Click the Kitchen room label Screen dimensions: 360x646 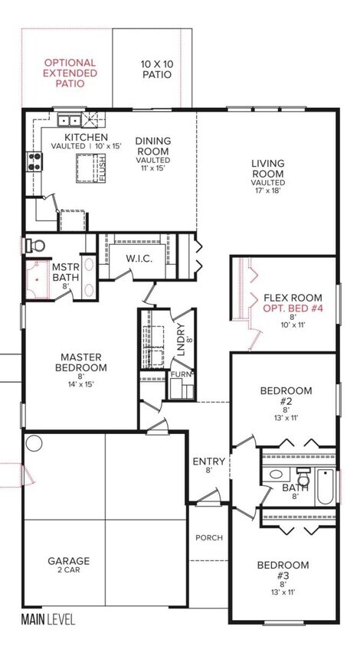[x=87, y=137]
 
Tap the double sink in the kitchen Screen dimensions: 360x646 [x=69, y=120]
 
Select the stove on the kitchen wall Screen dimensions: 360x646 [x=34, y=161]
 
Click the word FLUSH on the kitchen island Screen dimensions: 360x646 [x=103, y=168]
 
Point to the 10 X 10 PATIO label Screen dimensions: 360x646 [x=157, y=69]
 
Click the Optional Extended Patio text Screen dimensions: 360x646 [x=70, y=73]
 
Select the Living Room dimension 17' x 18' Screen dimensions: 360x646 [x=268, y=191]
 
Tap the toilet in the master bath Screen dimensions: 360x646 [x=35, y=246]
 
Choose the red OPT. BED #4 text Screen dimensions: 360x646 [x=293, y=308]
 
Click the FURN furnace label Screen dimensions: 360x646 [x=182, y=374]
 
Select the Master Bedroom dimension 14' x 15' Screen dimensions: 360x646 [x=81, y=384]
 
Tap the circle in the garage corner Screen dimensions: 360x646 [x=34, y=443]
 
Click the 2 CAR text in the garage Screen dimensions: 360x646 [x=68, y=570]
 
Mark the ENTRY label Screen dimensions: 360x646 [x=209, y=462]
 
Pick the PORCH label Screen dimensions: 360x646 [x=209, y=537]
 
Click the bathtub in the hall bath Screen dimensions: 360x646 [x=326, y=488]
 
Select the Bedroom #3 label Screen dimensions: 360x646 [x=283, y=569]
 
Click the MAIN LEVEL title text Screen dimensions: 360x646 [x=48, y=619]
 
